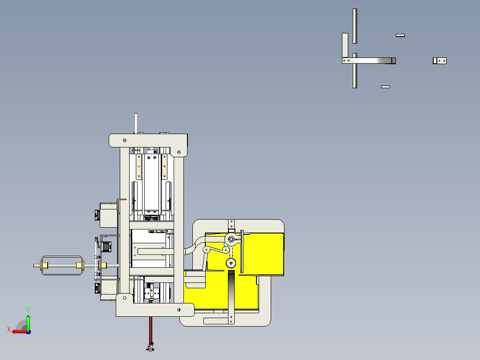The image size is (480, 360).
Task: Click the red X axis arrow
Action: pos(20,331)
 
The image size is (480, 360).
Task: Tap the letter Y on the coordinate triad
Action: pos(28,310)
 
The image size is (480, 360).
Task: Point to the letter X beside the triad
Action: pos(9,329)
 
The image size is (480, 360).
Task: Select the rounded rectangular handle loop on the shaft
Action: pos(62,257)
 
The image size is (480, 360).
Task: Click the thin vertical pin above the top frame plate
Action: pos(136,123)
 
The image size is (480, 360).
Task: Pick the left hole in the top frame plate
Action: pos(125,140)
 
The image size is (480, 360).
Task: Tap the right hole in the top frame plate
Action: pos(179,152)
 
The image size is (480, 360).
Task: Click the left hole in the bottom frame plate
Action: pos(125,298)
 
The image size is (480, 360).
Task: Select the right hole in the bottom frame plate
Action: pos(179,310)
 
